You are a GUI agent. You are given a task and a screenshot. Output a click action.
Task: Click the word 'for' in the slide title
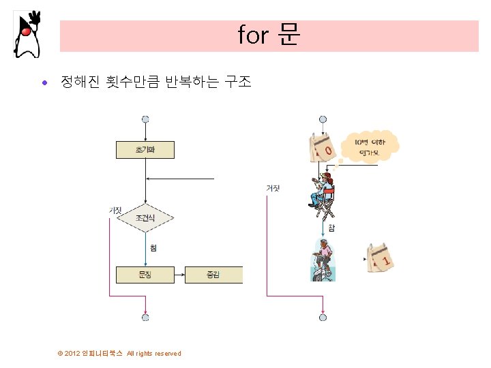coord(253,35)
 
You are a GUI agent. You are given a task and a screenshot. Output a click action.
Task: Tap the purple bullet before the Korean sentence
coord(44,84)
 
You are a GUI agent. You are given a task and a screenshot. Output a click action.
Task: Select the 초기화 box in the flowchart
coord(145,149)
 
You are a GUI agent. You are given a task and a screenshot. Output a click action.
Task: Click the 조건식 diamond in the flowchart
coord(145,218)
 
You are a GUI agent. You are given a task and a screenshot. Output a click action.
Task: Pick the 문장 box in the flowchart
coord(145,274)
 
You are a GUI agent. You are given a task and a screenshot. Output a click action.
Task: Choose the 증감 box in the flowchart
coord(213,274)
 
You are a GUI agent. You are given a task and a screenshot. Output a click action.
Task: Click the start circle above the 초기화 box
coord(145,119)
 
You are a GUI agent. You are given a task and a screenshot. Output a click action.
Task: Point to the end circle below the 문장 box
coord(145,317)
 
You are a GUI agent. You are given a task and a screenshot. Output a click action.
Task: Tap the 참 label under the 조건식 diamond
coord(153,248)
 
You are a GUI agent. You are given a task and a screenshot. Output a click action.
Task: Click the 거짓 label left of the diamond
coord(115,210)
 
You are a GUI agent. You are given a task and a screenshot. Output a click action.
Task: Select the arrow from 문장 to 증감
coord(179,274)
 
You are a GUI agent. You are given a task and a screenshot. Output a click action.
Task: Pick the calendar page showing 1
coord(380,257)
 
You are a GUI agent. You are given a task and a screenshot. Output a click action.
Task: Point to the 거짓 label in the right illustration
coord(273,188)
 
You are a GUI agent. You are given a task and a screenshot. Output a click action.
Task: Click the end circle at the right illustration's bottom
coord(323,317)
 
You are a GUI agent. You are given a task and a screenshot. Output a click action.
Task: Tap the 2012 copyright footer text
coord(120,353)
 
